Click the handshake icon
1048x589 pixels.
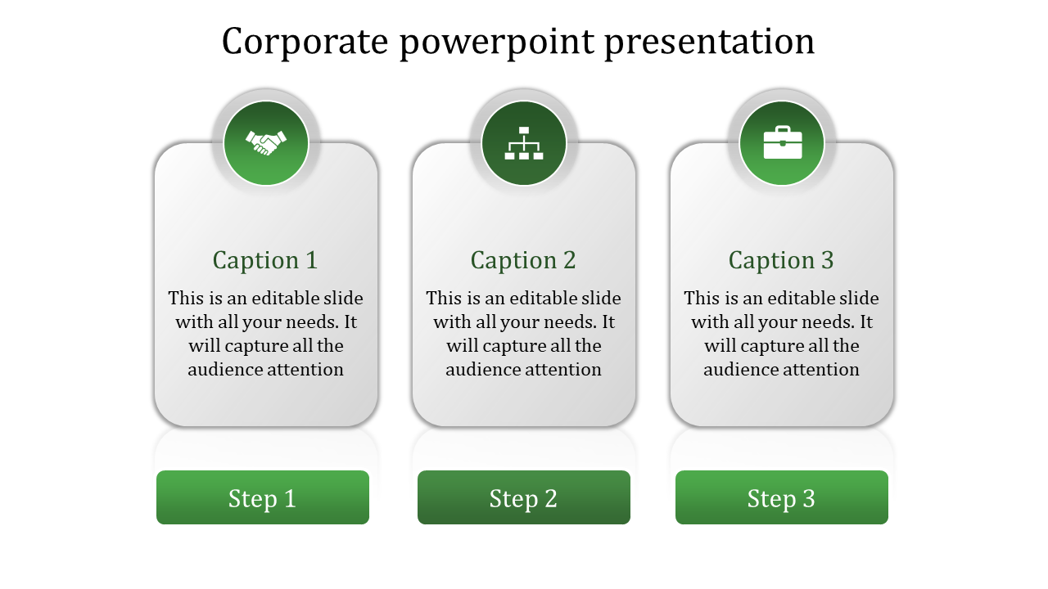coord(266,143)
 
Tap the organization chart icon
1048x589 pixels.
coord(524,143)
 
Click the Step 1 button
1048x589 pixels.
coord(263,497)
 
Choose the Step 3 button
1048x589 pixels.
coord(782,497)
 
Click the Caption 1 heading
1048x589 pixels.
coord(265,260)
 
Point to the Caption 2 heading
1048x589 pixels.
coord(524,260)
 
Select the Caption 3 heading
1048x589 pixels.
coord(782,260)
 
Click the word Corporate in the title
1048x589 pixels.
coord(305,42)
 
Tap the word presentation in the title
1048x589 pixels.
coord(710,42)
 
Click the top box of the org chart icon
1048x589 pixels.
coord(524,130)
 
